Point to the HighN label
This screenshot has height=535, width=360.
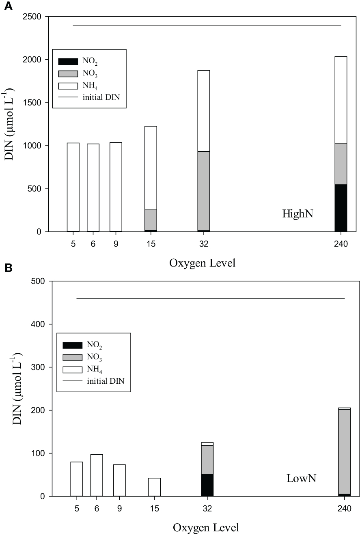297,214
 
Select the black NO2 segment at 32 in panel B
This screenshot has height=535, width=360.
207,485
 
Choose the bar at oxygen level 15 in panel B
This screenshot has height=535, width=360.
154,487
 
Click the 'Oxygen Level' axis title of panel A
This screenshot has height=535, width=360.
202,263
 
